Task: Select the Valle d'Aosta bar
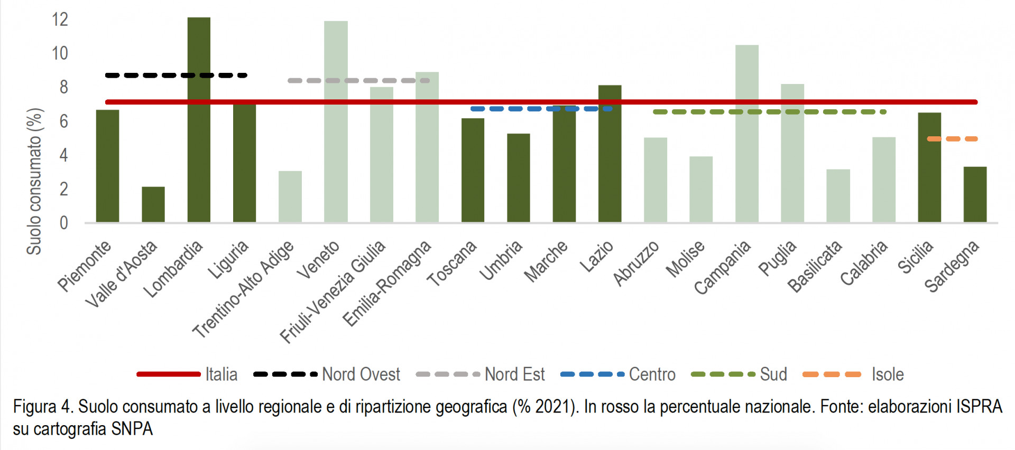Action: (x=153, y=204)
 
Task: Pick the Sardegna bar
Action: (x=975, y=194)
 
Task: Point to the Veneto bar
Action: (x=336, y=121)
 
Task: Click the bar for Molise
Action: (x=701, y=189)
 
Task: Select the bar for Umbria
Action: (x=518, y=177)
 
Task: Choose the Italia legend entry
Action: (x=187, y=374)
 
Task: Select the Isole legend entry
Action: (x=853, y=374)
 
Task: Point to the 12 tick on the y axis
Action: (x=60, y=20)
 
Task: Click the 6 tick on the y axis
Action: (x=63, y=121)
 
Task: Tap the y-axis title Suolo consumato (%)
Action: (x=34, y=181)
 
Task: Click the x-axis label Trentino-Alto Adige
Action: (x=244, y=289)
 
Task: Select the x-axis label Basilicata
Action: (x=815, y=266)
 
